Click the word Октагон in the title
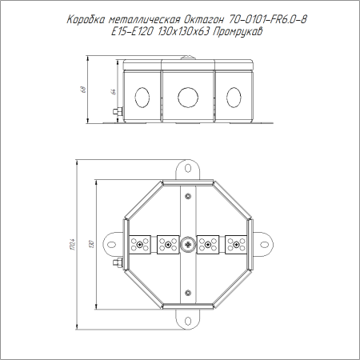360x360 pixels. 202,20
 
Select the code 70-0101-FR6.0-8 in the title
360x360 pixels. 267,19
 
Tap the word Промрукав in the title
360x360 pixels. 238,32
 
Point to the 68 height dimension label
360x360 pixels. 83,90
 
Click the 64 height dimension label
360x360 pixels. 113,91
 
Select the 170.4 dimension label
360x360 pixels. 73,244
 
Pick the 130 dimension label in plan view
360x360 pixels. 92,244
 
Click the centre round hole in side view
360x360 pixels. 188,97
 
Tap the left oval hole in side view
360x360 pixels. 142,98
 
